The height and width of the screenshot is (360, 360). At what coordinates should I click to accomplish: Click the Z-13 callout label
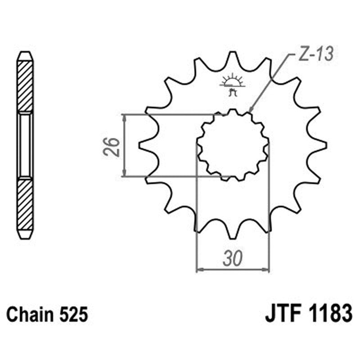315,54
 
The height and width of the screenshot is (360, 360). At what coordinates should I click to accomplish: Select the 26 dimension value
113,145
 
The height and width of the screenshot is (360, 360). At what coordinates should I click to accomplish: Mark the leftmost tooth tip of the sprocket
140,145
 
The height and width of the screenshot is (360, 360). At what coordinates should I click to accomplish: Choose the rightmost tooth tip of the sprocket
325,145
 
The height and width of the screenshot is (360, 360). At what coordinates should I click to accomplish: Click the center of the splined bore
233,145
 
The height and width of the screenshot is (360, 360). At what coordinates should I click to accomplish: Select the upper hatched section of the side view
25,85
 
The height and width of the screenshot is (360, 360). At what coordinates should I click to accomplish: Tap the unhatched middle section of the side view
25,145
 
